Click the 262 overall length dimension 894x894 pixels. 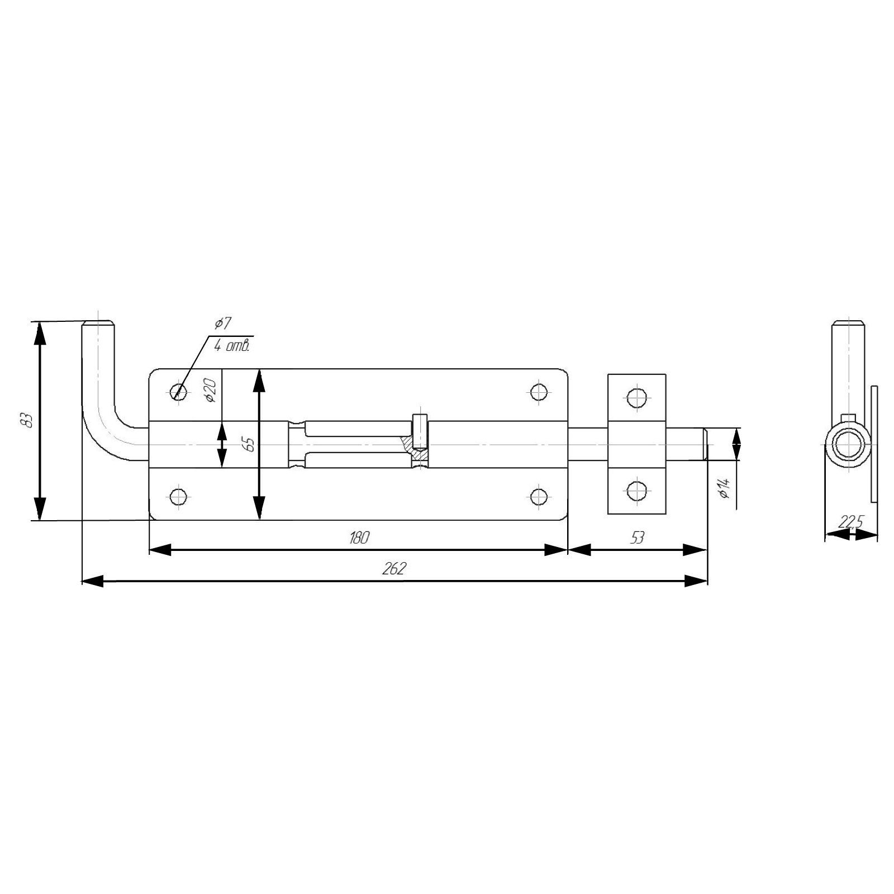click(x=394, y=568)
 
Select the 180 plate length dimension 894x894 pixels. click(x=359, y=538)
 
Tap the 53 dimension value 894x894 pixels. click(x=637, y=538)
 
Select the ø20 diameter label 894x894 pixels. click(x=211, y=390)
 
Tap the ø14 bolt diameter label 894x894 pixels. click(x=725, y=487)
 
